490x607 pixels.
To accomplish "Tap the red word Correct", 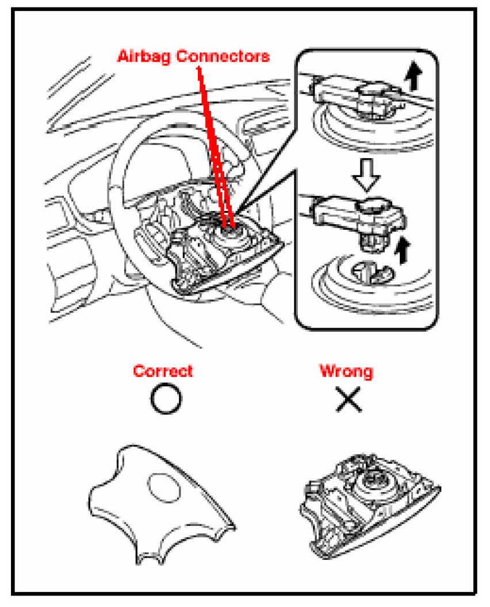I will [x=163, y=371].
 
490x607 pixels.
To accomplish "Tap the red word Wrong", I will [x=346, y=371].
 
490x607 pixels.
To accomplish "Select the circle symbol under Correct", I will [x=166, y=398].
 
